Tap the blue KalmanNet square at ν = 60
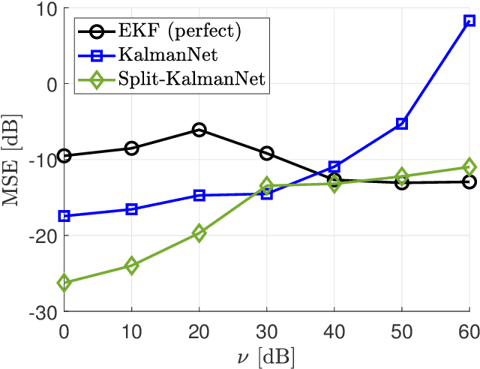[x=469, y=21]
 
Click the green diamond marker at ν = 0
[x=64, y=283]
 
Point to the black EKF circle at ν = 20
[x=199, y=130]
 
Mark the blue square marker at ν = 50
[x=402, y=123]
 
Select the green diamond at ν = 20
[x=199, y=233]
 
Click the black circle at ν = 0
[x=64, y=156]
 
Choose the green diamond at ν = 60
[x=469, y=166]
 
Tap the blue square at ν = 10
[x=132, y=209]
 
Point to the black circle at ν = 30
[x=267, y=153]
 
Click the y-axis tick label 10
[x=46, y=9]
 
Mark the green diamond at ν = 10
[x=132, y=265]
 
